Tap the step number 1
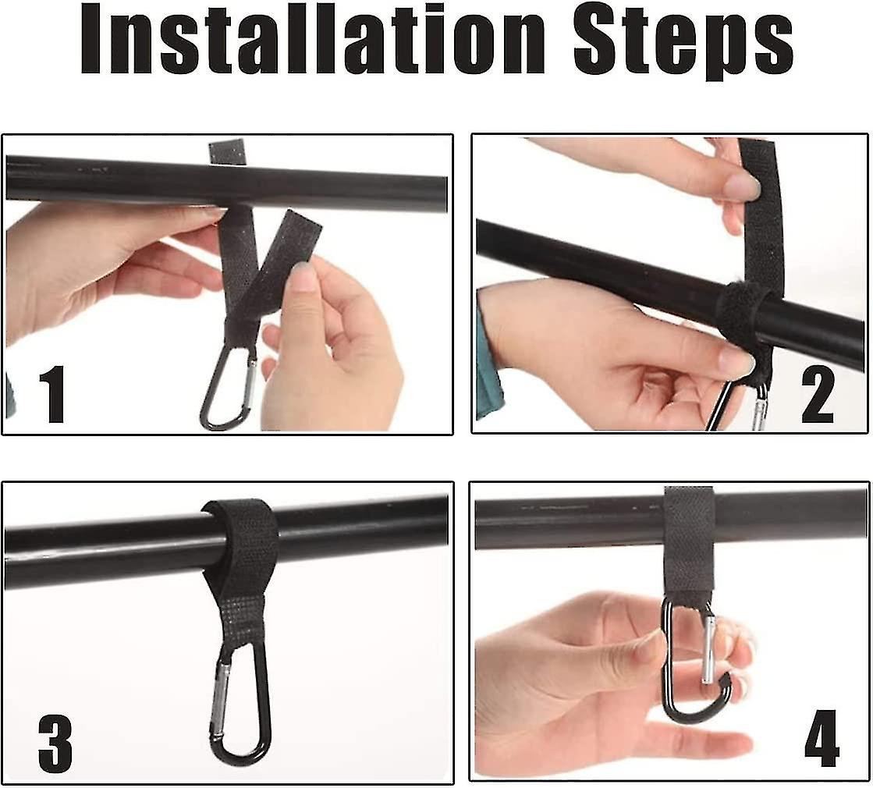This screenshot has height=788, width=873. [51, 396]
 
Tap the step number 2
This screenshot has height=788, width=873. [816, 396]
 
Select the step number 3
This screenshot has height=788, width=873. [55, 744]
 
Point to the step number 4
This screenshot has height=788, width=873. [821, 737]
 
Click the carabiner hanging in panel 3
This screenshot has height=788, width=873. [240, 702]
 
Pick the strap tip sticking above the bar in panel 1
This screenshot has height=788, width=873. [229, 151]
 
